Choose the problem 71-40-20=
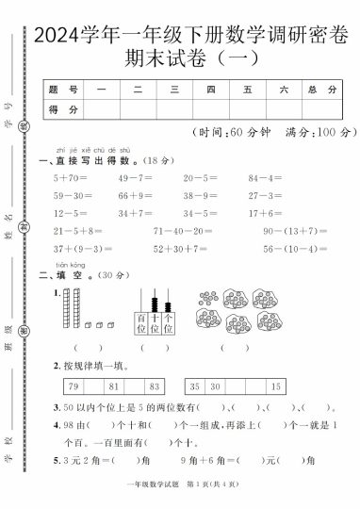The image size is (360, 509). (x=181, y=231)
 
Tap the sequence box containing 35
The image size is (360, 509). (x=195, y=386)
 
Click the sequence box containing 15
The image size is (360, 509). (x=275, y=386)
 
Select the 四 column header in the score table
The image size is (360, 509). (x=210, y=90)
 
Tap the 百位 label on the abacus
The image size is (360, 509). (x=141, y=330)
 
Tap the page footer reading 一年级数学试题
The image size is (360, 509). (x=148, y=497)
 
